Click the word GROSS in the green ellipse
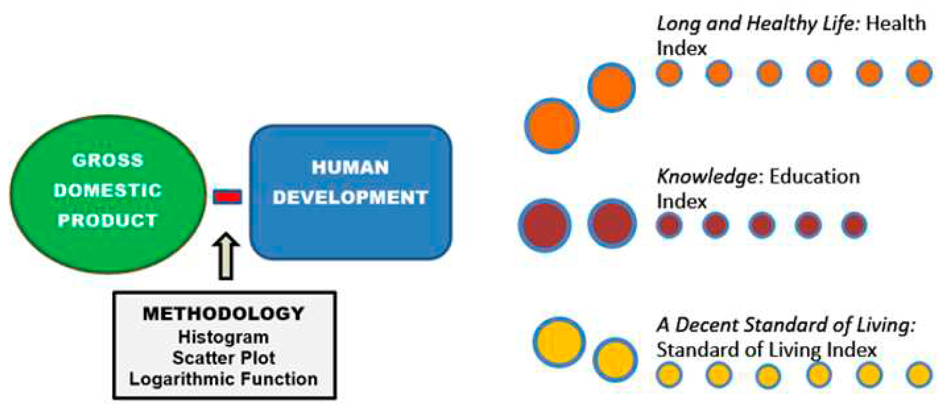pos(108,160)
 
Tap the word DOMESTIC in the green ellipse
pos(108,190)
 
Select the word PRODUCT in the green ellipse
pos(108,220)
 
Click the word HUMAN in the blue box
pos(350,168)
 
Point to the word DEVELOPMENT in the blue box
pos(350,198)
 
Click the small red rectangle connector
pos(227,197)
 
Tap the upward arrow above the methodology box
pos(226,256)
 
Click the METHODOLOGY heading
pos(224,314)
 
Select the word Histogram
pos(224,337)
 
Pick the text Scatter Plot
pos(224,358)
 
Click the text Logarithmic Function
pos(224,379)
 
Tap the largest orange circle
pos(552,126)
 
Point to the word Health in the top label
pos(896,24)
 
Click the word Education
pos(815,177)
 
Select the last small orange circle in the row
pos(919,73)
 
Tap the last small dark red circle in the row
pos(854,225)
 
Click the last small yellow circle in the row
pos(919,374)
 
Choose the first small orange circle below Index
pos(669,73)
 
